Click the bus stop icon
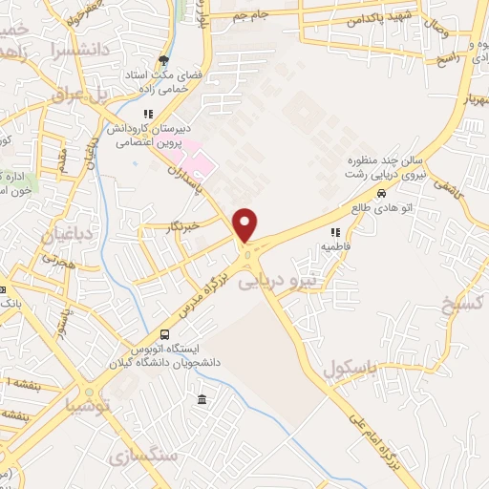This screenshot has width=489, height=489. point(165,335)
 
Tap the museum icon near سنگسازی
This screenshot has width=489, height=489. point(202,398)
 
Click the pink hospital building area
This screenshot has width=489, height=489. point(200,161)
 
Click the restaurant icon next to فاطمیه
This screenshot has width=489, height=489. point(335,231)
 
